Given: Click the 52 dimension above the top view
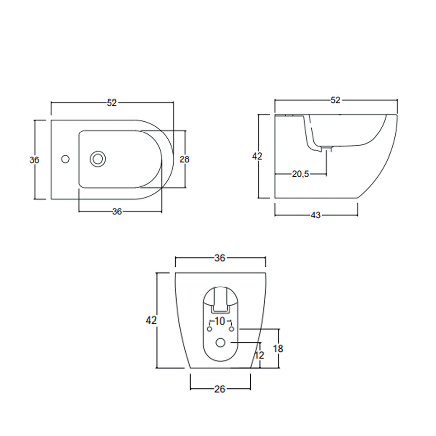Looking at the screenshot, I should tap(112, 103).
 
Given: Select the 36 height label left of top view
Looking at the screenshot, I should tap(34, 160).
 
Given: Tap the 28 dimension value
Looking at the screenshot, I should tap(184, 159).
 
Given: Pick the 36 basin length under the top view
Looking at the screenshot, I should tap(117, 212).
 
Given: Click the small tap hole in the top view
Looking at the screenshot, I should tap(65, 159).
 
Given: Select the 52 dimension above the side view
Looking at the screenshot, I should tap(336, 100).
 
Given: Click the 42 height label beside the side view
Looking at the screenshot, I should tap(257, 156).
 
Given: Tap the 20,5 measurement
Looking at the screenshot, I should tap(301, 174).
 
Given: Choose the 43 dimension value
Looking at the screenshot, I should tap(316, 215).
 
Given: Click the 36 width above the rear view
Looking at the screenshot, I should tap(220, 258).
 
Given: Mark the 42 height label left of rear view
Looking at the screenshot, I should tap(152, 320).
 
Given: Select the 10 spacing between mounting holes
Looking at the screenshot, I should tap(220, 321).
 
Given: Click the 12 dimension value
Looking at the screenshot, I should tap(260, 355).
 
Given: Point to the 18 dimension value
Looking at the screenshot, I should tap(278, 349).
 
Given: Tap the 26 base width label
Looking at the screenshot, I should tap(220, 388).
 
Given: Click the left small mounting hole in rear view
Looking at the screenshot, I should tap(209, 329).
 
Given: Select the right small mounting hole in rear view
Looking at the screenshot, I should tap(232, 329).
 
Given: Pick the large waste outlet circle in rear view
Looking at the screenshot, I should tap(221, 342).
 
